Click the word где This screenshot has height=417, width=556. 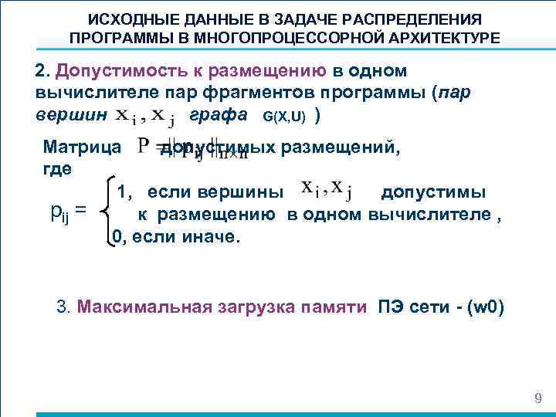59,168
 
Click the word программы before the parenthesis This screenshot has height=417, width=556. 376,93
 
